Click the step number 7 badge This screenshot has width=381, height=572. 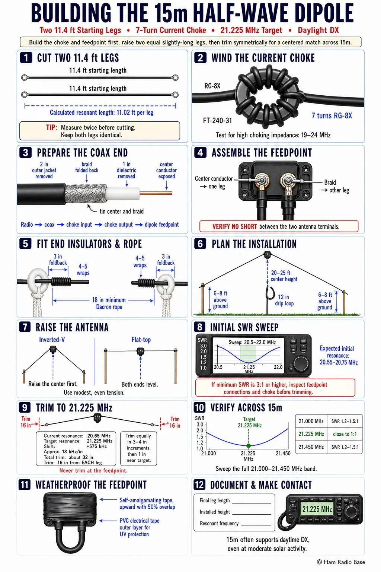25,327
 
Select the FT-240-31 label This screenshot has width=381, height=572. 217,120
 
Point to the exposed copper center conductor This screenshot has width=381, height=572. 156,193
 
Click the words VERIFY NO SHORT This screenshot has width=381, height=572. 234,226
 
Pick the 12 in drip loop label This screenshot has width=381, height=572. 284,300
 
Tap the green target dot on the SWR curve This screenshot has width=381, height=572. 248,446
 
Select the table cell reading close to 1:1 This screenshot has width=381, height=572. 345,434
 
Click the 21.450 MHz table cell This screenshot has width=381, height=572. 311,447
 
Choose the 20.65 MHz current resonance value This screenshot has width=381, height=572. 99,436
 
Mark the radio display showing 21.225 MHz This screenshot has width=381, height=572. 317,509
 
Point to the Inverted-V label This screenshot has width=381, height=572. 52,340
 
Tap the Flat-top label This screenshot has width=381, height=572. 141,340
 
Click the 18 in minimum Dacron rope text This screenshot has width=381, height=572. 109,304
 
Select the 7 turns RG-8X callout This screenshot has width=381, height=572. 332,116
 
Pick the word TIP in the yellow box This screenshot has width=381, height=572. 52,127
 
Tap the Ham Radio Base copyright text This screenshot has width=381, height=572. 341,562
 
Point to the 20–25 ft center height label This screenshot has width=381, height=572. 284,276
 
